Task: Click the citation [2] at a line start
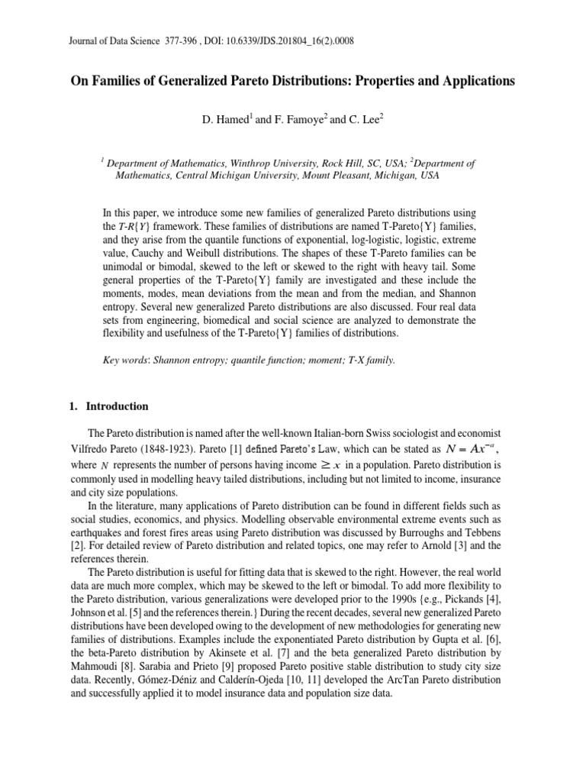75,547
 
